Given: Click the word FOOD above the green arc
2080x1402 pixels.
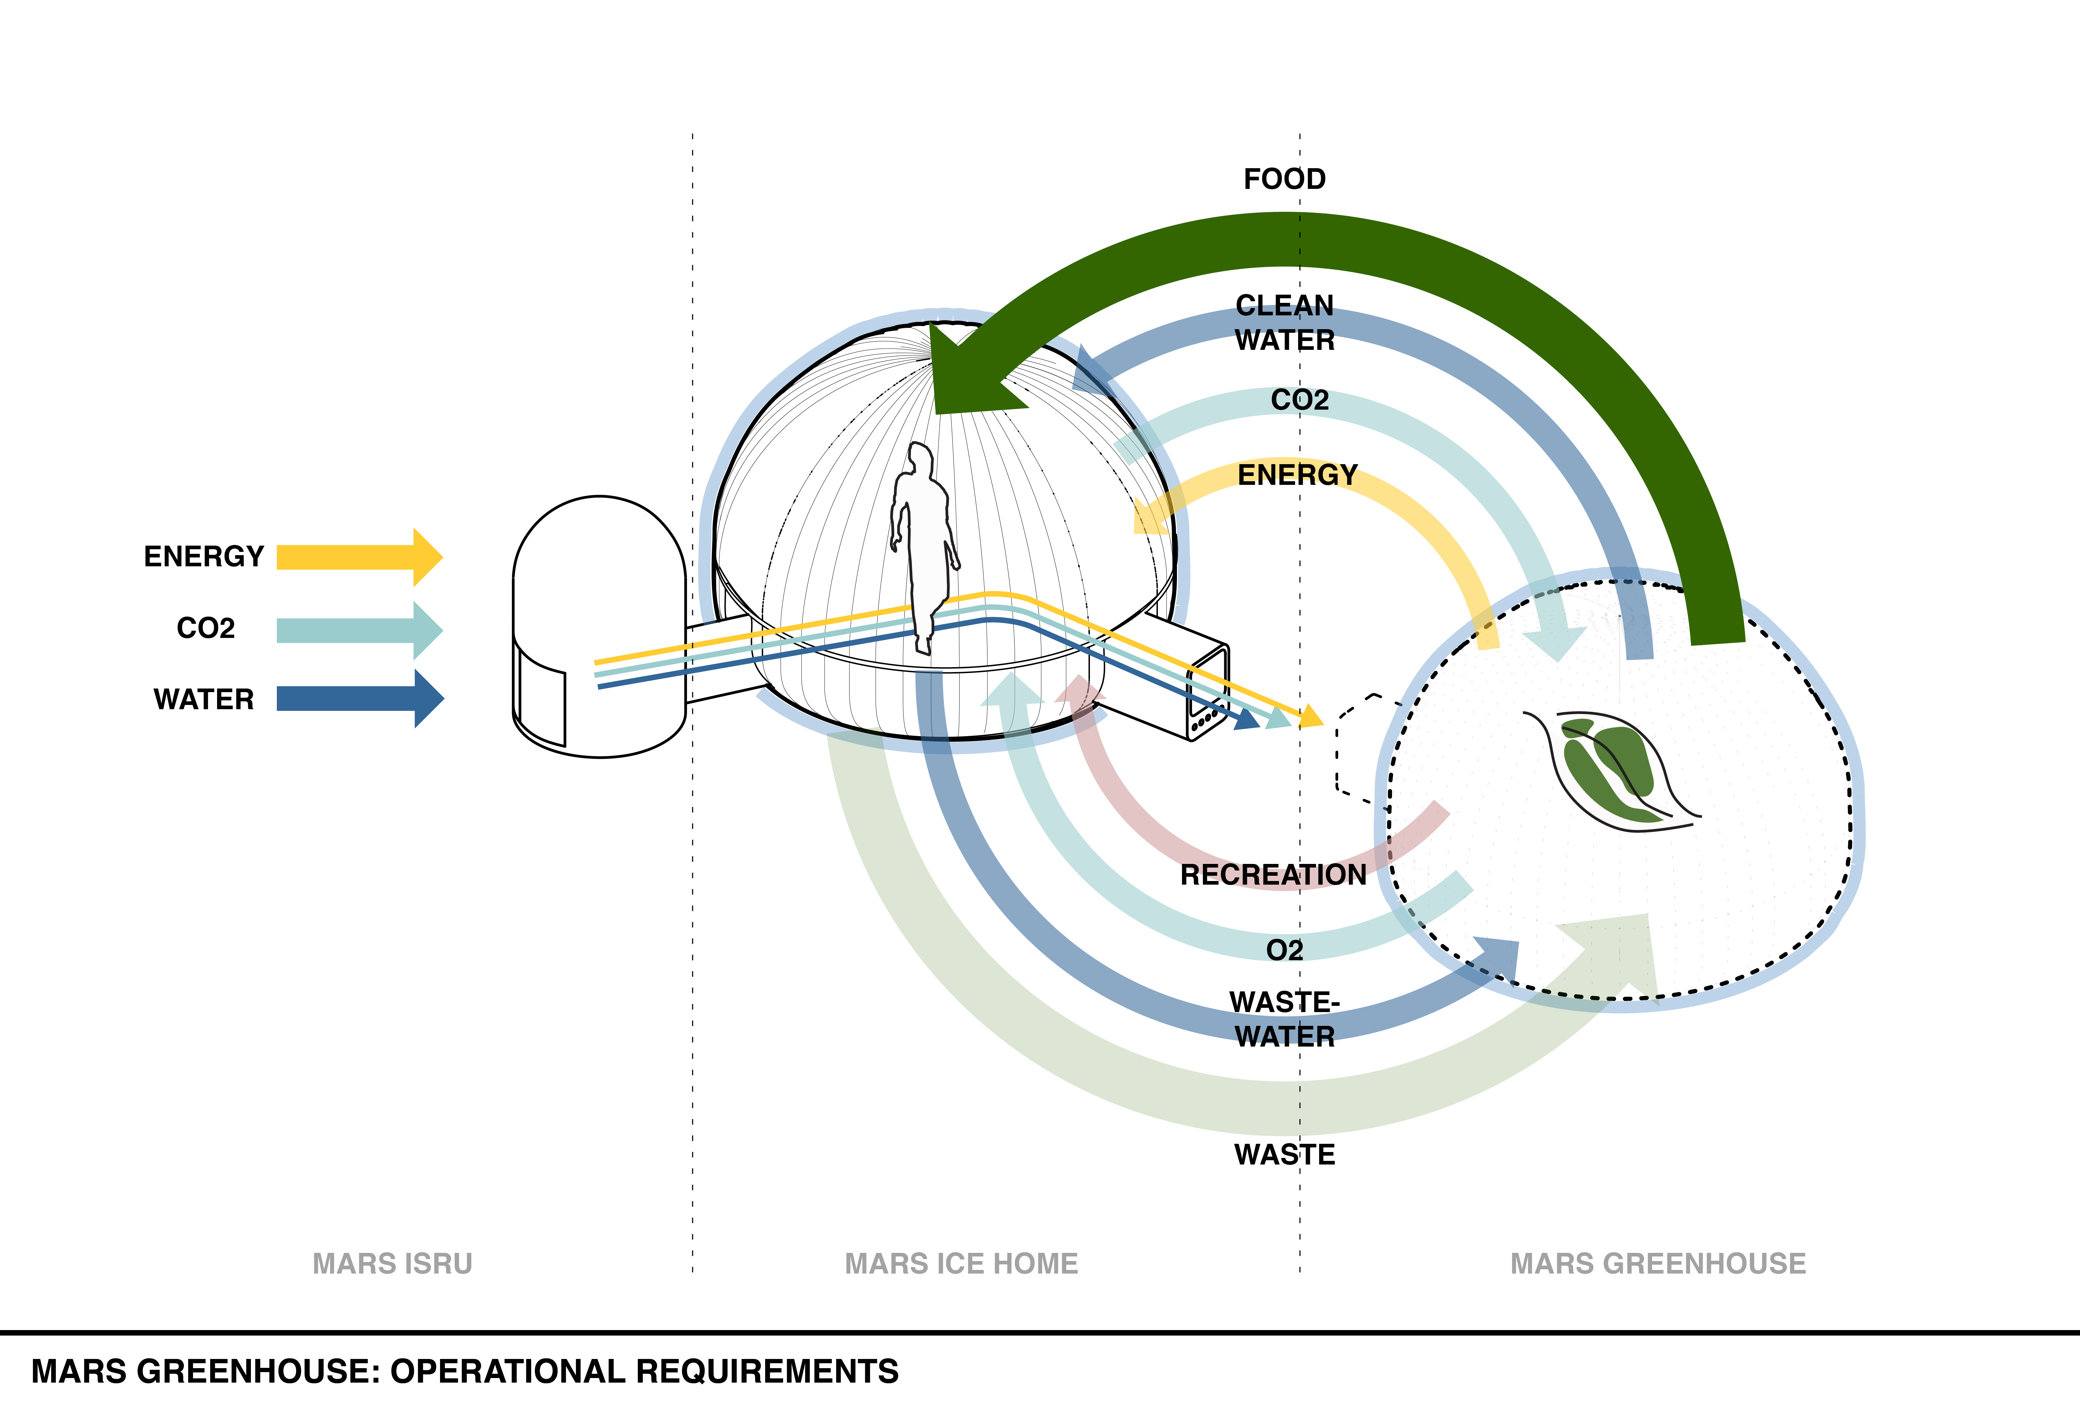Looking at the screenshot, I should (x=1284, y=179).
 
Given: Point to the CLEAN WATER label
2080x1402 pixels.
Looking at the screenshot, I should (x=1284, y=323).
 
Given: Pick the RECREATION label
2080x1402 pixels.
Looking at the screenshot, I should (x=1273, y=874).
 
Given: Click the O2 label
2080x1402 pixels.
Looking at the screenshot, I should (x=1284, y=950).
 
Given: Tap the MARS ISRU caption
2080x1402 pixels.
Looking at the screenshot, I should (x=392, y=1263).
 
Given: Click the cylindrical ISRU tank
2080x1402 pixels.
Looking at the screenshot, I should (x=599, y=626).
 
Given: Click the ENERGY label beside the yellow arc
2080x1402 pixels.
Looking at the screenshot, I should (x=1297, y=475).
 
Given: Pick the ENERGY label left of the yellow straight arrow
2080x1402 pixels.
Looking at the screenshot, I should (x=204, y=556).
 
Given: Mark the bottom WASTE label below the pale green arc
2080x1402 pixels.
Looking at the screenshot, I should (x=1284, y=1154).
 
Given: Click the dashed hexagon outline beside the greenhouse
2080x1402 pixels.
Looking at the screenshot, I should (x=1359, y=747).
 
